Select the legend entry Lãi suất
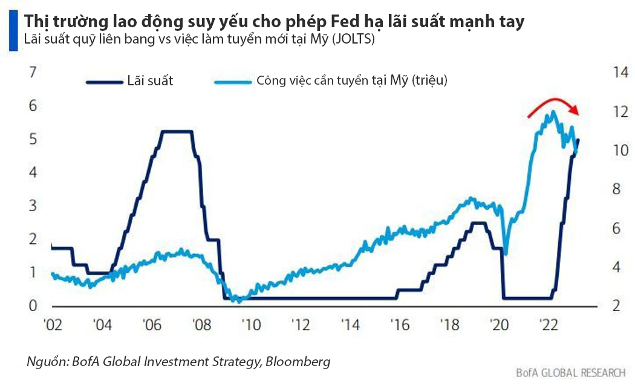[150, 80]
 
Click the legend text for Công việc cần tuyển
[351, 80]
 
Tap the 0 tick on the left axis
[33, 306]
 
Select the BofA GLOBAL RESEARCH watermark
[570, 372]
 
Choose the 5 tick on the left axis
[33, 139]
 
